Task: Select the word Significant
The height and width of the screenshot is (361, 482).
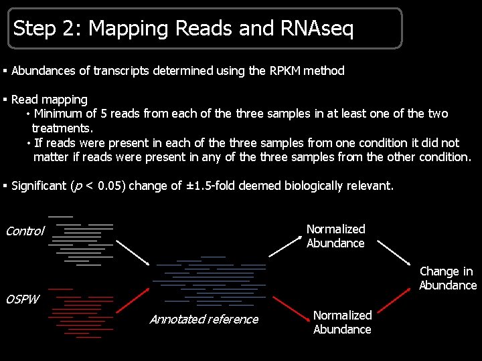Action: coord(39,186)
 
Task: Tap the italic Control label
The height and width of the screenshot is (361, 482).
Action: coord(25,231)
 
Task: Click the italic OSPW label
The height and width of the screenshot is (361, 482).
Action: coord(22,299)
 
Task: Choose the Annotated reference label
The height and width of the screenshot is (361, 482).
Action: coord(204,320)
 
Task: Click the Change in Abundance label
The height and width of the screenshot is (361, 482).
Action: coord(447,278)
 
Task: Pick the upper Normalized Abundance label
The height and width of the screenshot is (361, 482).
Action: coord(335,236)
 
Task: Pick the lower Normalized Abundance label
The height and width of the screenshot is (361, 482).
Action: coord(342,322)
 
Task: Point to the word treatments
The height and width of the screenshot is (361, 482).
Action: coord(62,128)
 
